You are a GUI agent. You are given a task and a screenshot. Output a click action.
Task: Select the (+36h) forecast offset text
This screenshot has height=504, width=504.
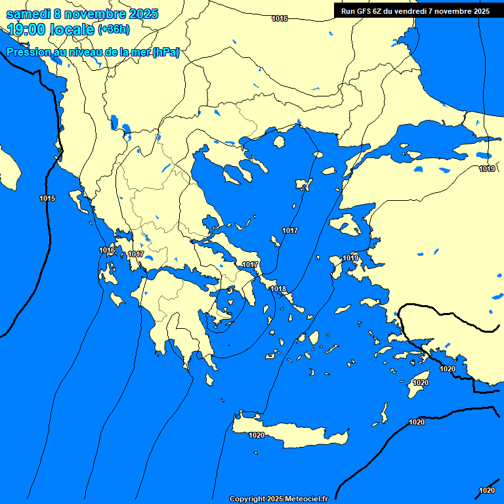113,29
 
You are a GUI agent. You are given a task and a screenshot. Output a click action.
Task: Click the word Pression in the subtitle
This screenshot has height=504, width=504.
28,52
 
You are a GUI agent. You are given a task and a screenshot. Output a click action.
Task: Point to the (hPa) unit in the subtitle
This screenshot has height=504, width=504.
165,52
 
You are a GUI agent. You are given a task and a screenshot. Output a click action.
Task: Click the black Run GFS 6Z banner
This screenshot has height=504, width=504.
415,10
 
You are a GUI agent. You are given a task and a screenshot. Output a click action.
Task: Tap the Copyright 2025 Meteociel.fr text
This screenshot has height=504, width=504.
279,499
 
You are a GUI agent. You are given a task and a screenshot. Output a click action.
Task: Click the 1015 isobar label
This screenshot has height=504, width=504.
47,198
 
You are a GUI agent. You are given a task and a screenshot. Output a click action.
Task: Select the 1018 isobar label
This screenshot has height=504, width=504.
278,289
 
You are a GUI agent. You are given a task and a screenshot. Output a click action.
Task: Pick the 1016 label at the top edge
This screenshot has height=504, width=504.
280,18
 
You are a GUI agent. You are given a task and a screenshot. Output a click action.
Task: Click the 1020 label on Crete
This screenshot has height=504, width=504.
257,435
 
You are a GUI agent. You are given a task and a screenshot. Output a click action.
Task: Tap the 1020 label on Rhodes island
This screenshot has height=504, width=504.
421,383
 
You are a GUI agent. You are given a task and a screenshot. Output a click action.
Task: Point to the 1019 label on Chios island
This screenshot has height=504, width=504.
350,259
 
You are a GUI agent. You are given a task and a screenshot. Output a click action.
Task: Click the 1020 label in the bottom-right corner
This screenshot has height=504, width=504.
486,490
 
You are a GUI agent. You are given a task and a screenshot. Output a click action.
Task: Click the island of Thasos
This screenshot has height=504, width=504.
279,142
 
